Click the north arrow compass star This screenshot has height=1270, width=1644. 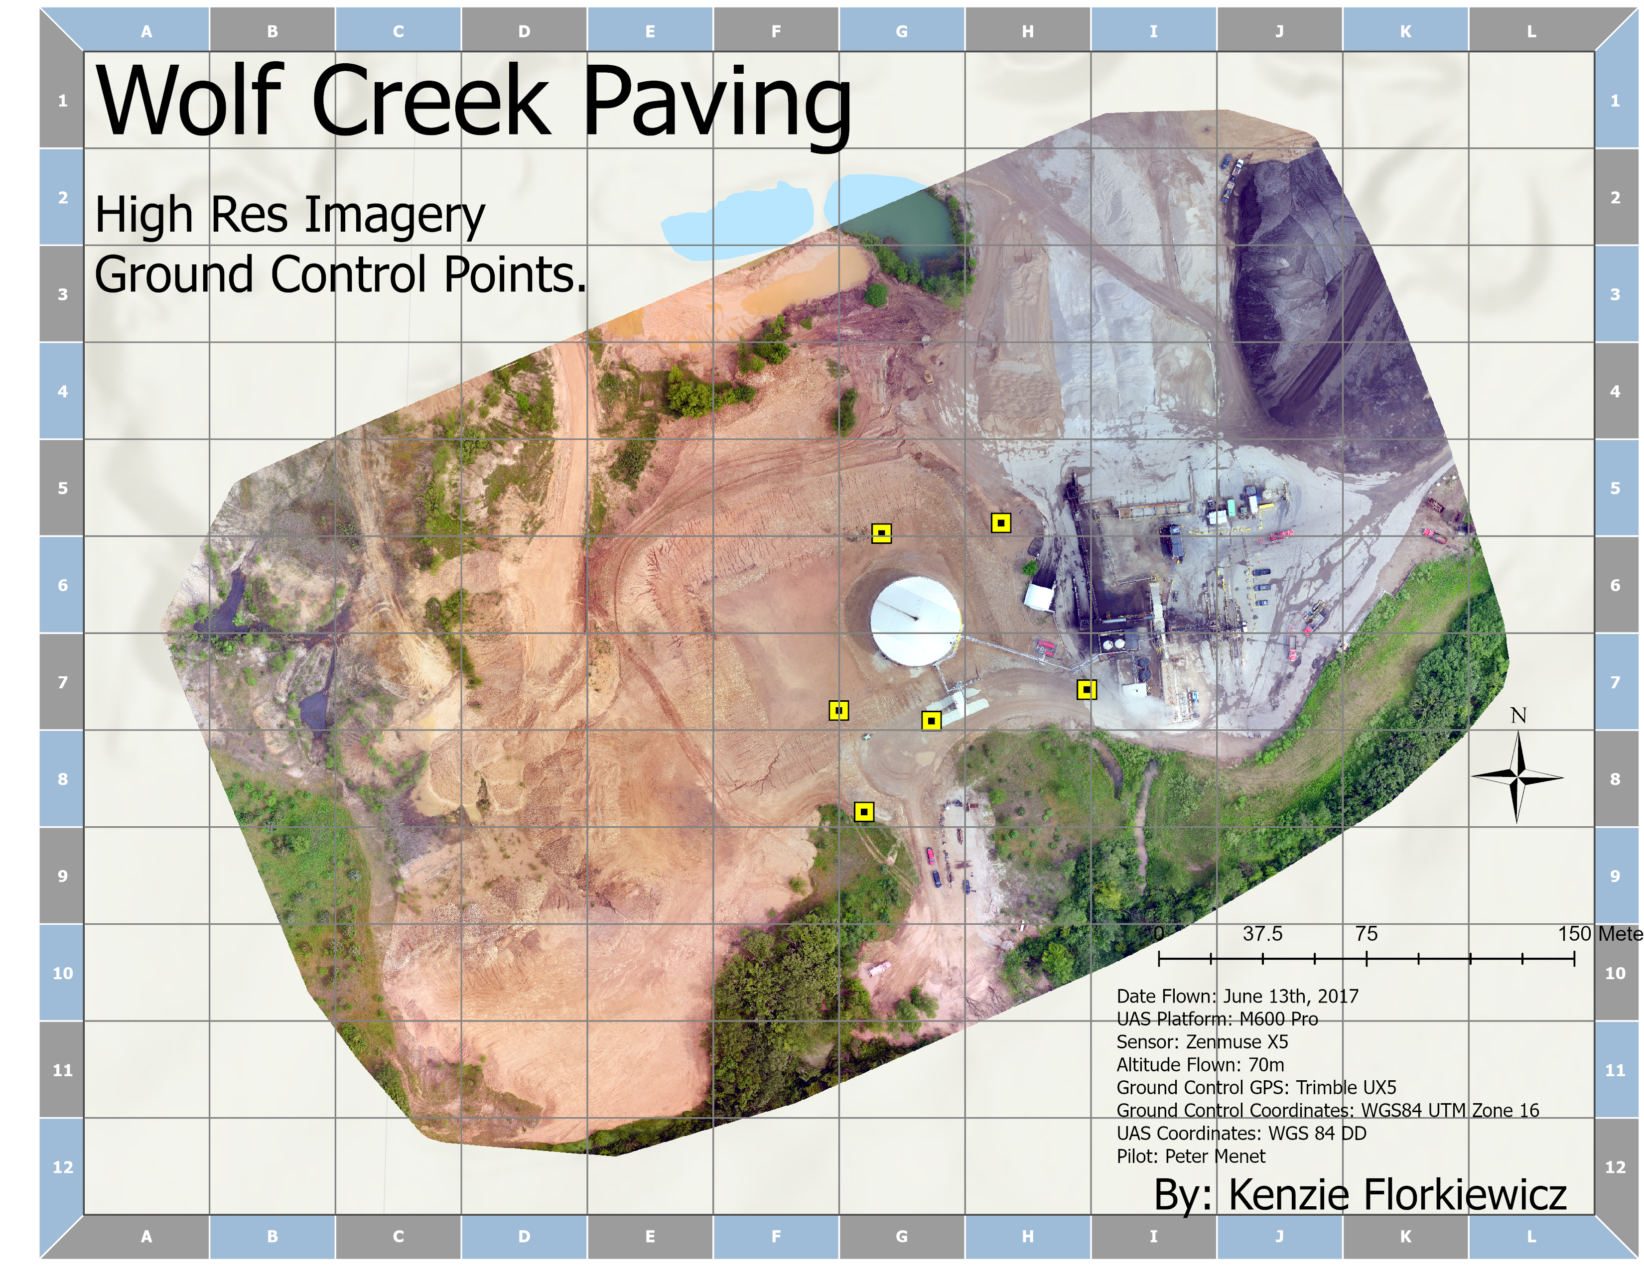pos(1517,777)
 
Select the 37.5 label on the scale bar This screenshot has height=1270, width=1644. pos(1262,934)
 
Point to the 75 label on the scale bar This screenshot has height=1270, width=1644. pos(1366,934)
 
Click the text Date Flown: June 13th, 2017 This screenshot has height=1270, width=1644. pos(1237,996)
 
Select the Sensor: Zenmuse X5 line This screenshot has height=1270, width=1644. pos(1202,1042)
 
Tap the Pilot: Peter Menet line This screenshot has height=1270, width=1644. pos(1191,1156)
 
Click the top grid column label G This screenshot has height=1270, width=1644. pos(902,31)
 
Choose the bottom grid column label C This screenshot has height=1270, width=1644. pos(398,1236)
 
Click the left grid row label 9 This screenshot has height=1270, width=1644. pos(62,876)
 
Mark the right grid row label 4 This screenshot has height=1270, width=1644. pos(1615,391)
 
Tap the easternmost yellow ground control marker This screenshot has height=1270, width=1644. pos(1086,689)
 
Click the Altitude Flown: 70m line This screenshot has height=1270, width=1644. pos(1200,1065)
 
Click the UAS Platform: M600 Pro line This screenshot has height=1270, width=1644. pos(1217,1019)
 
